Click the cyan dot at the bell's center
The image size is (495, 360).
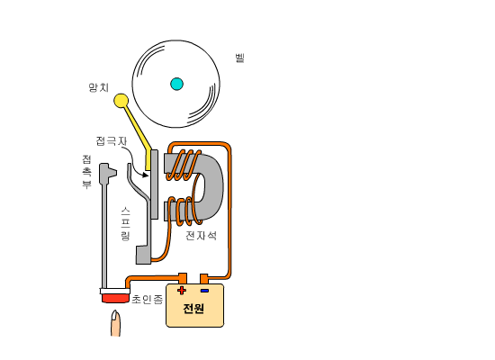176,84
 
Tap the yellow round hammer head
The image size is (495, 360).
121,101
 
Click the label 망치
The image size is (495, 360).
98,87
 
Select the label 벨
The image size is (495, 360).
240,58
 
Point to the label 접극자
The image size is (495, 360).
112,140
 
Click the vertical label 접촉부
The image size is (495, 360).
86,172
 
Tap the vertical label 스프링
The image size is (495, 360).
125,224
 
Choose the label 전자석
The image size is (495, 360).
201,236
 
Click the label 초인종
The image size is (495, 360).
147,299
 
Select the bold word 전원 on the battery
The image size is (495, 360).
193,308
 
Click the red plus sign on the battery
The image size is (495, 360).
182,290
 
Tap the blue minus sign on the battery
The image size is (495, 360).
204,291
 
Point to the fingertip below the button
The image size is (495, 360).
115,323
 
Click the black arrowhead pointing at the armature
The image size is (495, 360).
145,175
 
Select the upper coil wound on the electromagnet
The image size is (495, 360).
184,165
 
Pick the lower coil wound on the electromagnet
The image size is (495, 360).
184,211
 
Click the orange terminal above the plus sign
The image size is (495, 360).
183,278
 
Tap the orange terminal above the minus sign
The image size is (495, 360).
204,279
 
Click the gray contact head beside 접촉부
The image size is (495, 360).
108,174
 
